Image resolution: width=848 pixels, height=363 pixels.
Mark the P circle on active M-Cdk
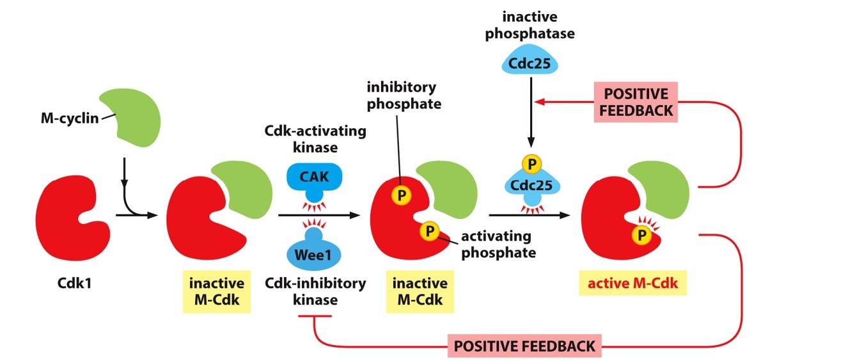641,237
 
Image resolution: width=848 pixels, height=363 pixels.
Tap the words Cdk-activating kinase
316,138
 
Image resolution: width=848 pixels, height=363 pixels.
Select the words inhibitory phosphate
402,94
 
